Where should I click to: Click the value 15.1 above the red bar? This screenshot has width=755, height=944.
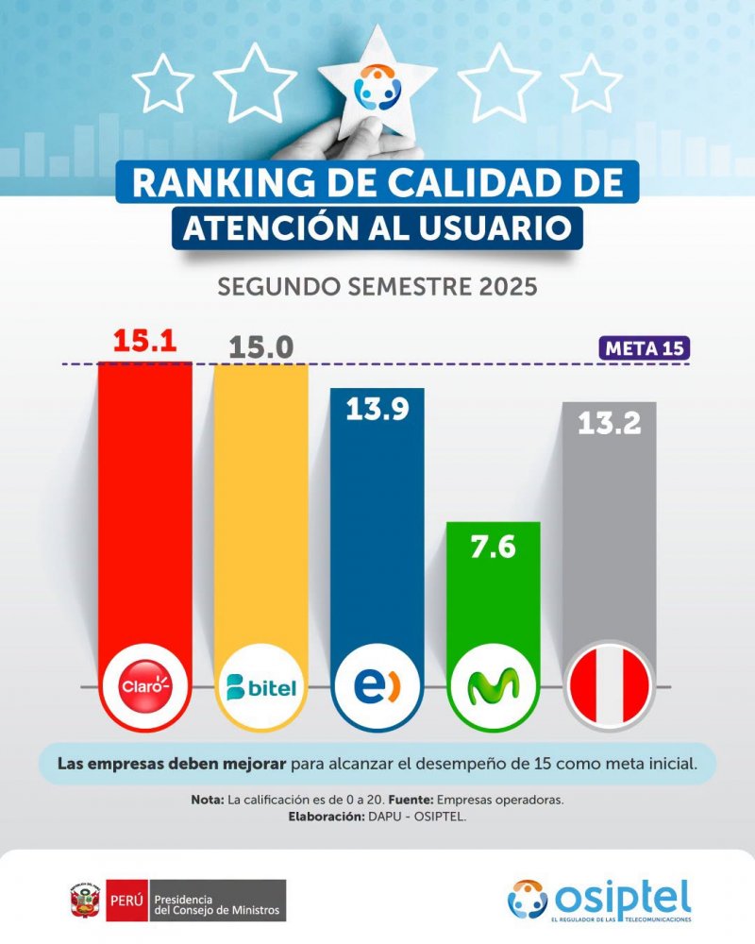click(x=145, y=341)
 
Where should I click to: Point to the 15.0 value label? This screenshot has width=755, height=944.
click(x=260, y=347)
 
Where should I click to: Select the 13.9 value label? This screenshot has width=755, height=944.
click(x=377, y=409)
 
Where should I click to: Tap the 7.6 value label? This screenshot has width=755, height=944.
click(x=493, y=548)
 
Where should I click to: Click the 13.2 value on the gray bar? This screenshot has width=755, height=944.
click(x=610, y=423)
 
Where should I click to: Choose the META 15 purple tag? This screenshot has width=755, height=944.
click(x=645, y=348)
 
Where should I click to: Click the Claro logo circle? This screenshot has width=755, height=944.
click(x=145, y=686)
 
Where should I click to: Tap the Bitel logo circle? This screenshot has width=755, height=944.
click(x=260, y=686)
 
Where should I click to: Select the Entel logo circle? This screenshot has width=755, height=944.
click(x=377, y=686)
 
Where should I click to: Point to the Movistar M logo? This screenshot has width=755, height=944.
click(x=493, y=686)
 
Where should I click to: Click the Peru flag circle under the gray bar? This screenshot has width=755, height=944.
click(x=610, y=686)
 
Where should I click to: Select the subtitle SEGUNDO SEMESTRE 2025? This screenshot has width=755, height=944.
click(x=377, y=287)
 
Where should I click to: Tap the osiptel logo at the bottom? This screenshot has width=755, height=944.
click(x=599, y=900)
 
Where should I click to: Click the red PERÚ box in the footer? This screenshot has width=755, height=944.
click(x=127, y=901)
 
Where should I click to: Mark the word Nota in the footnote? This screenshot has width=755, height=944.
click(x=207, y=801)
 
